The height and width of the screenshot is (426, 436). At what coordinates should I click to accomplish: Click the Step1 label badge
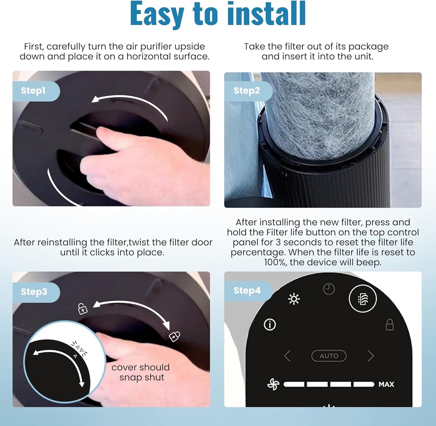[x=36, y=91]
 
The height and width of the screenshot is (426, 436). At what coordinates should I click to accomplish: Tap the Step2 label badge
[x=248, y=91]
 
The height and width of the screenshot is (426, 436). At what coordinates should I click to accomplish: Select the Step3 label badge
[x=36, y=292]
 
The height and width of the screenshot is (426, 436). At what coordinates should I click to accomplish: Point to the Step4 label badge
[x=248, y=291]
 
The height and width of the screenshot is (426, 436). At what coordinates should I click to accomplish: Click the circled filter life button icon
[x=363, y=298]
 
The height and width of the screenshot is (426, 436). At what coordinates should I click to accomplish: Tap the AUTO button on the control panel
[x=329, y=356]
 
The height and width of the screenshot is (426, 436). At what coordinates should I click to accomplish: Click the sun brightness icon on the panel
[x=294, y=299]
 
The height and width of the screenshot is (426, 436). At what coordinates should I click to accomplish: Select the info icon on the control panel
[x=270, y=324]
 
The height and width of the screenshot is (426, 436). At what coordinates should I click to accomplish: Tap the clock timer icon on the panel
[x=329, y=289]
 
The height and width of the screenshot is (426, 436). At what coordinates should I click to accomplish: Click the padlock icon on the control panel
[x=390, y=325]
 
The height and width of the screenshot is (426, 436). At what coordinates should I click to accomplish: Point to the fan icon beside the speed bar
[x=273, y=384]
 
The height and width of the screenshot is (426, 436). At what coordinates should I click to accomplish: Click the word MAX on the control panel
[x=386, y=384]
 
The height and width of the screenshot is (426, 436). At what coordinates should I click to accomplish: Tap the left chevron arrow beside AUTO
[x=287, y=356]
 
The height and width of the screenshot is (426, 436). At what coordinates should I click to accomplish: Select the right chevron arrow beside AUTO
[x=371, y=356]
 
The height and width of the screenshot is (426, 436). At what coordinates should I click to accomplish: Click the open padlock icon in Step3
[x=82, y=309]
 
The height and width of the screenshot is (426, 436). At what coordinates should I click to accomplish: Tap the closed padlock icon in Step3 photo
[x=174, y=336]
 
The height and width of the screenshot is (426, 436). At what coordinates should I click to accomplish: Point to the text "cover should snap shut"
[x=141, y=372]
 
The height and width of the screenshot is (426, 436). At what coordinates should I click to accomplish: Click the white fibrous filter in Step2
[x=320, y=114]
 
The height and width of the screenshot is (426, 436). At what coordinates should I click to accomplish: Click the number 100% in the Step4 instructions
[x=275, y=262]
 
